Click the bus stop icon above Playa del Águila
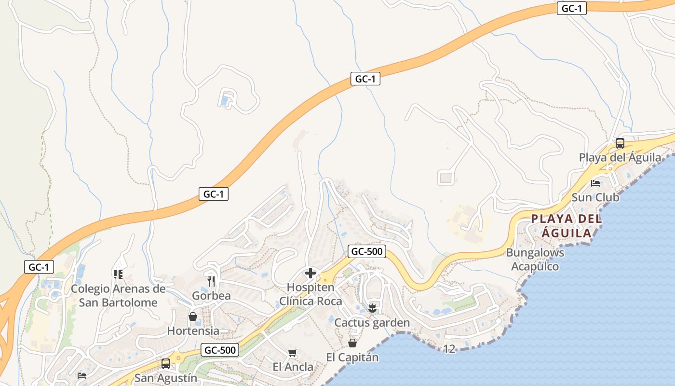pyautogui.click(x=620, y=143)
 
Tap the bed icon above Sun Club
pyautogui.click(x=596, y=183)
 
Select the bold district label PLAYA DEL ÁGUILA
pyautogui.click(x=567, y=226)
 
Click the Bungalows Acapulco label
pyautogui.click(x=535, y=260)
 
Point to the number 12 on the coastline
pyautogui.click(x=449, y=349)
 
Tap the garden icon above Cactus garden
pyautogui.click(x=372, y=308)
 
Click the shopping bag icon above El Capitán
pyautogui.click(x=352, y=343)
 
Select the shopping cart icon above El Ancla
pyautogui.click(x=292, y=353)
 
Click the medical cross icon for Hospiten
pyautogui.click(x=310, y=274)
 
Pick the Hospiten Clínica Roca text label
pyautogui.click(x=311, y=294)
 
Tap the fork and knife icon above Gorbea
pyautogui.click(x=211, y=281)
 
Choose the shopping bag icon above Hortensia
pyautogui.click(x=193, y=317)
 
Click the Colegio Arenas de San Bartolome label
pyautogui.click(x=118, y=296)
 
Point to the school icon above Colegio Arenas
pyautogui.click(x=118, y=275)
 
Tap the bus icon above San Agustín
pyautogui.click(x=166, y=364)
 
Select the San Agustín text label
pyautogui.click(x=166, y=378)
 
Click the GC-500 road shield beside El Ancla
pyautogui.click(x=220, y=350)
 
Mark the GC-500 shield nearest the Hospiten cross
pyautogui.click(x=367, y=251)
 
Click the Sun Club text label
pyautogui.click(x=595, y=197)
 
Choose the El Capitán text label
pyautogui.click(x=352, y=358)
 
